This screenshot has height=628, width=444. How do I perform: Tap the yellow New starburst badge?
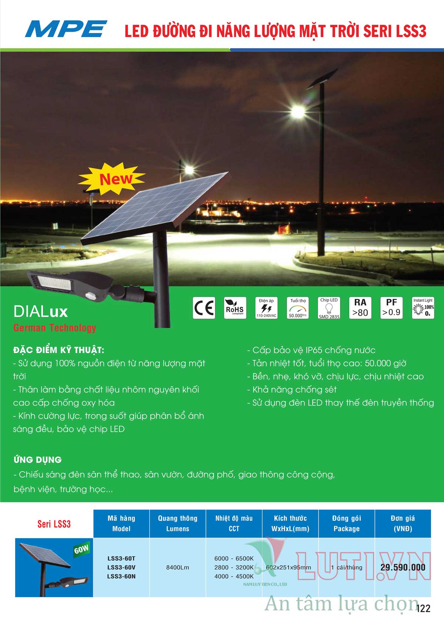click(112, 179)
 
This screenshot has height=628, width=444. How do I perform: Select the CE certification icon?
click(204, 308)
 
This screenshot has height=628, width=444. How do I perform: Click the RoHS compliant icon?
click(235, 308)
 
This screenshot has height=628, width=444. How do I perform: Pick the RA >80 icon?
click(360, 308)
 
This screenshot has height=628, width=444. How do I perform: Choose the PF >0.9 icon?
click(391, 308)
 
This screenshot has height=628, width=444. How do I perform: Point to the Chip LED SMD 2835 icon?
click(329, 308)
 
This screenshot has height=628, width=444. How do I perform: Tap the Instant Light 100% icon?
click(423, 308)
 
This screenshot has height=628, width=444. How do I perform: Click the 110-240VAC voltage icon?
click(266, 308)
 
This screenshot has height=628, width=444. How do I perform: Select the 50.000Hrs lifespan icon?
click(298, 308)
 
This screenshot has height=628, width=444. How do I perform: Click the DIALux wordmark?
click(41, 312)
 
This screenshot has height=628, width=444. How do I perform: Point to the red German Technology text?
click(55, 328)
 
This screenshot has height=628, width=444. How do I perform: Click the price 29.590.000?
click(403, 567)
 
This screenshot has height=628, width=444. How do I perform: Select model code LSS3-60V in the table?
click(121, 567)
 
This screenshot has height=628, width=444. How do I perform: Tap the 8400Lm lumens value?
click(178, 567)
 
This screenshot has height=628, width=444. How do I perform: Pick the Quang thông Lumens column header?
click(178, 523)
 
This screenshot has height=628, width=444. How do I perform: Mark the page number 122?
click(423, 608)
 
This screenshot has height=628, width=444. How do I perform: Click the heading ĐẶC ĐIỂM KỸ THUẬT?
click(58, 350)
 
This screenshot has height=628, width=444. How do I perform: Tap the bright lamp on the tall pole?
click(298, 112)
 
